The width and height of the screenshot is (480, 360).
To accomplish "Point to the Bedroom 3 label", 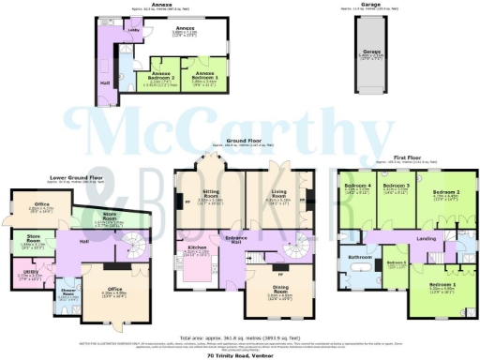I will (x=398, y=187).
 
